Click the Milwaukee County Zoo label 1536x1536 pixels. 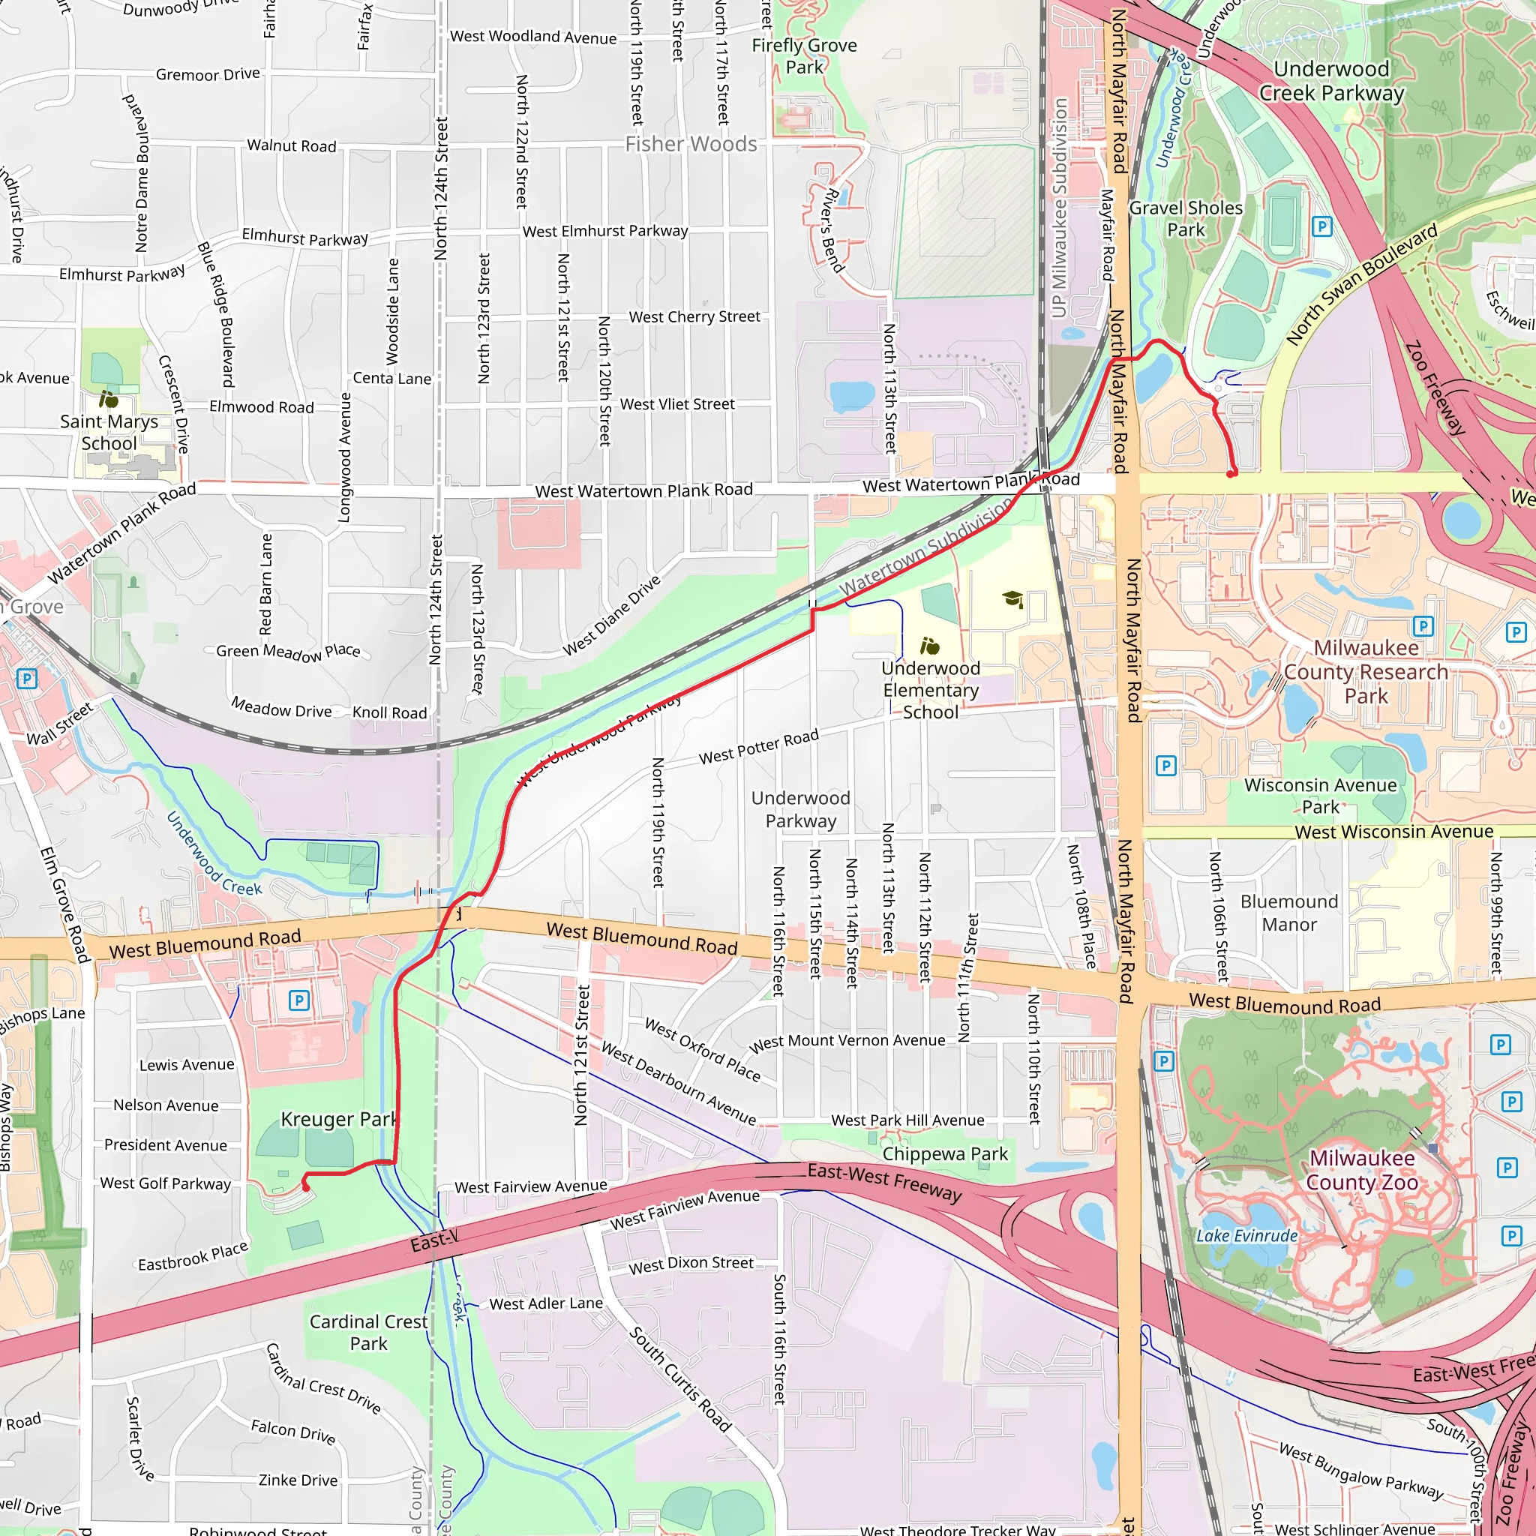(1362, 1170)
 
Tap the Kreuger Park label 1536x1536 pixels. (338, 1120)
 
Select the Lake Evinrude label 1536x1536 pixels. (1246, 1235)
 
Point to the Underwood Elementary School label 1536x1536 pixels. (930, 690)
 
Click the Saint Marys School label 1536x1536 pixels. (109, 433)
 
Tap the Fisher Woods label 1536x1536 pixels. (691, 144)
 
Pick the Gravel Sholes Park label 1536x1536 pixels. (1186, 219)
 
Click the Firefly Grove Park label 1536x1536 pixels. (805, 56)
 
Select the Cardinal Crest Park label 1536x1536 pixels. (369, 1333)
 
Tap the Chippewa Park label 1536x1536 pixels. (944, 1153)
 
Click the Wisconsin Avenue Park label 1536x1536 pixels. (1320, 796)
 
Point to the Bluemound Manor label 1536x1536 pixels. (1288, 913)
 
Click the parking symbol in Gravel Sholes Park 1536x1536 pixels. (1321, 226)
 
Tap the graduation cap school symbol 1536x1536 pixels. (1012, 598)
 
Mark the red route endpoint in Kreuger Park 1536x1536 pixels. (305, 1187)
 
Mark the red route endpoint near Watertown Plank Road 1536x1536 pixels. (1231, 474)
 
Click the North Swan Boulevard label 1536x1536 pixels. (1361, 283)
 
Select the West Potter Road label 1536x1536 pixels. (757, 747)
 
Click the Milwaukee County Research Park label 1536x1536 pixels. (1366, 672)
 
